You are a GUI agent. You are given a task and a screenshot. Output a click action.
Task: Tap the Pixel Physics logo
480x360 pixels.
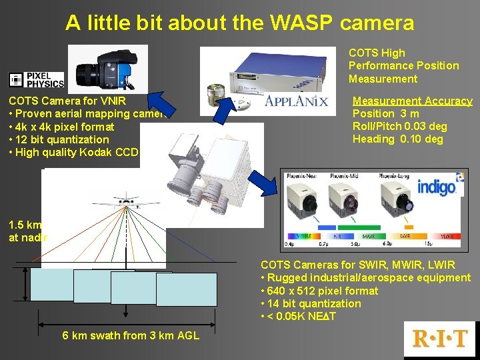(x=36, y=80)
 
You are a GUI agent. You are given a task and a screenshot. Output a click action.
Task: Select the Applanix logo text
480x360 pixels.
(x=296, y=101)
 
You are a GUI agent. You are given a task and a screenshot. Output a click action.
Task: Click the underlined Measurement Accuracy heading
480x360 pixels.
(x=412, y=101)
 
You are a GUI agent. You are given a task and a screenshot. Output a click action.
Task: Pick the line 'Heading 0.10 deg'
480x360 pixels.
(x=397, y=139)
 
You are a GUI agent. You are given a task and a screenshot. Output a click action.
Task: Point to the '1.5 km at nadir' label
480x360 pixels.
(x=24, y=231)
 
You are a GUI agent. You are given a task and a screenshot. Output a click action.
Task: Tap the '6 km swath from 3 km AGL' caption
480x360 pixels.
(x=131, y=335)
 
